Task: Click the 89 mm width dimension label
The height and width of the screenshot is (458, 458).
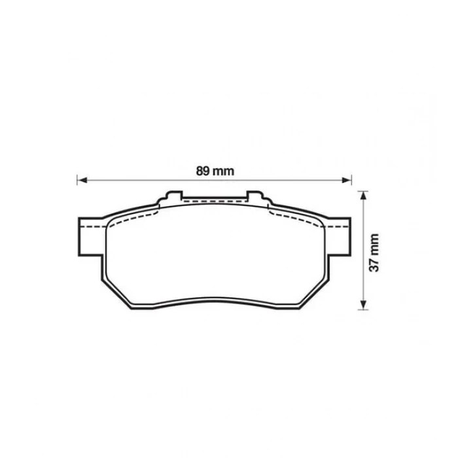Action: (215, 171)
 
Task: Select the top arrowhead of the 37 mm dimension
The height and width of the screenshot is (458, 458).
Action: (363, 195)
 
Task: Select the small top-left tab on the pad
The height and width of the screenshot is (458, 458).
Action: (173, 195)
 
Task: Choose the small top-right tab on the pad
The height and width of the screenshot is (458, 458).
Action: (256, 195)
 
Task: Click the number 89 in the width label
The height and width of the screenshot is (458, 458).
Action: (203, 171)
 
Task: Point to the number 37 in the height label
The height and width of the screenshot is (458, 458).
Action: (374, 263)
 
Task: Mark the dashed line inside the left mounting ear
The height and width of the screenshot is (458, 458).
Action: (92, 225)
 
